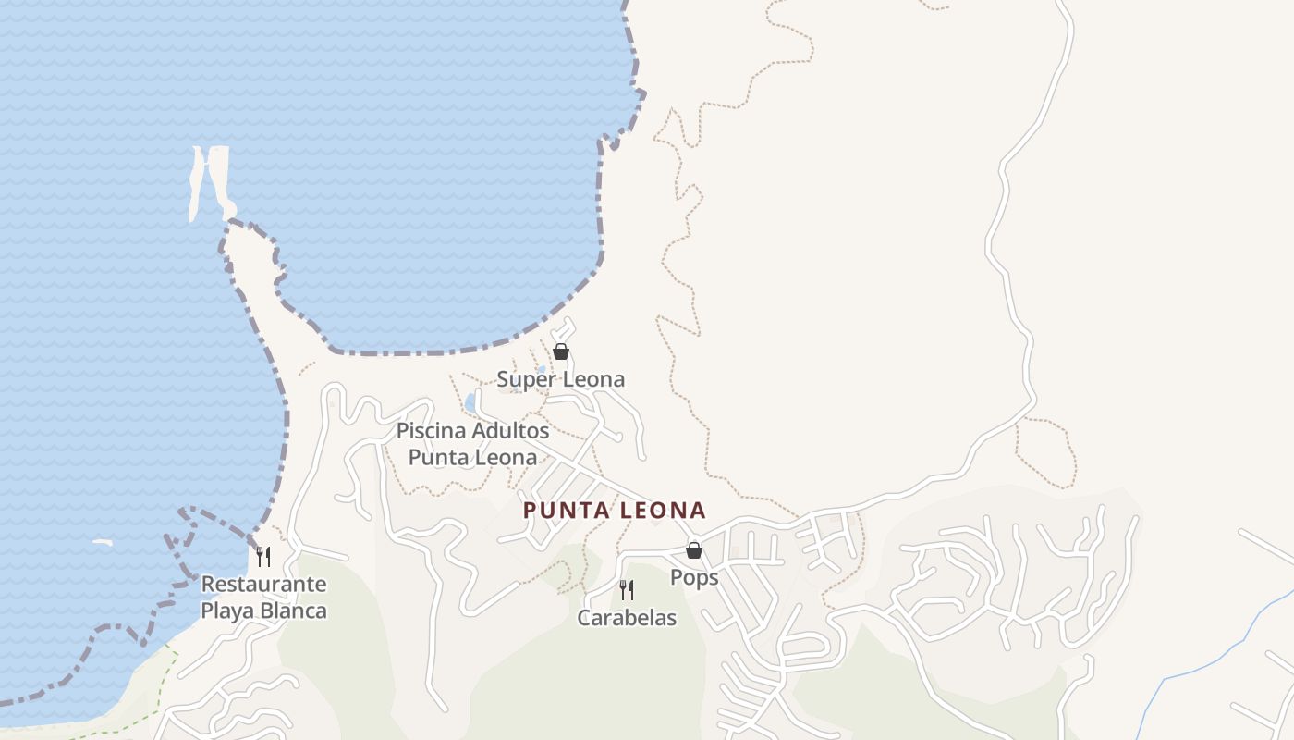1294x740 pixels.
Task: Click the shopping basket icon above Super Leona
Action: [x=560, y=351]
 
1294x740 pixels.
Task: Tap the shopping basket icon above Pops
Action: [x=694, y=550]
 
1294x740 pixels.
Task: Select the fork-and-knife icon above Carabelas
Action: [x=627, y=590]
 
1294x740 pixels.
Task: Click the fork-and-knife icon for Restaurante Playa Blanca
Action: [x=263, y=556]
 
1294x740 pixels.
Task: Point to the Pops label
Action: [x=694, y=577]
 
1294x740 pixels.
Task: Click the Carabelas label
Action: [x=627, y=618]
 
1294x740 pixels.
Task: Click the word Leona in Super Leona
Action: [x=593, y=379]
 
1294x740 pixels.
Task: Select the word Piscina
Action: [x=431, y=431]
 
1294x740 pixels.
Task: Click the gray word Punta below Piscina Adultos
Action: [x=437, y=458]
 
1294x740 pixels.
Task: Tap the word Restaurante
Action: [x=263, y=585]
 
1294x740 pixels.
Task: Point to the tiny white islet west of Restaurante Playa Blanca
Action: [x=102, y=542]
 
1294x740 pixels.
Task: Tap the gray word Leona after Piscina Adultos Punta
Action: [x=506, y=458]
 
